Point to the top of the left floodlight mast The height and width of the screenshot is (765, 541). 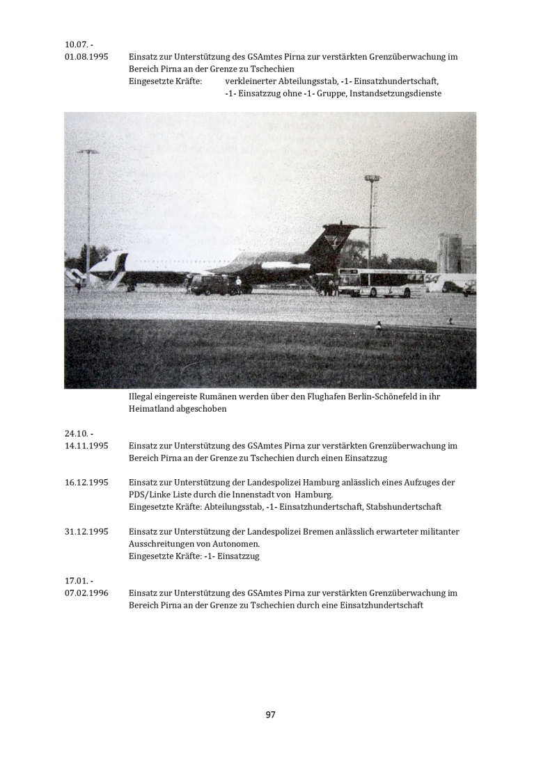pos(88,152)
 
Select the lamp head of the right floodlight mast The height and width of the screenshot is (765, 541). pos(372,179)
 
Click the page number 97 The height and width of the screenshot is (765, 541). pos(271,714)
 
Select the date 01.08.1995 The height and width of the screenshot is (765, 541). pos(86,56)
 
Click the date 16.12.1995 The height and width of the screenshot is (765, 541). pos(86,482)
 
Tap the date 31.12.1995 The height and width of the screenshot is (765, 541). pos(86,531)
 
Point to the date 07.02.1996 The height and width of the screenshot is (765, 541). pos(86,593)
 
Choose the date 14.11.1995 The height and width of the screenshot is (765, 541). pos(86,445)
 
